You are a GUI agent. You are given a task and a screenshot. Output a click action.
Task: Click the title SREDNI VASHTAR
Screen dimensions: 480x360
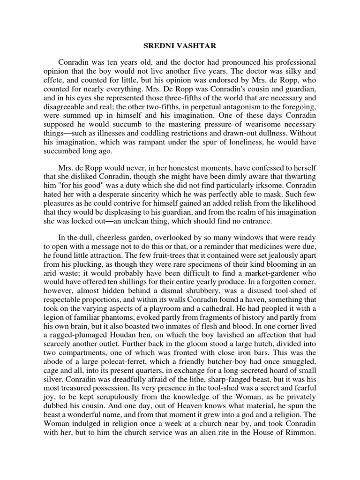[180, 47]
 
